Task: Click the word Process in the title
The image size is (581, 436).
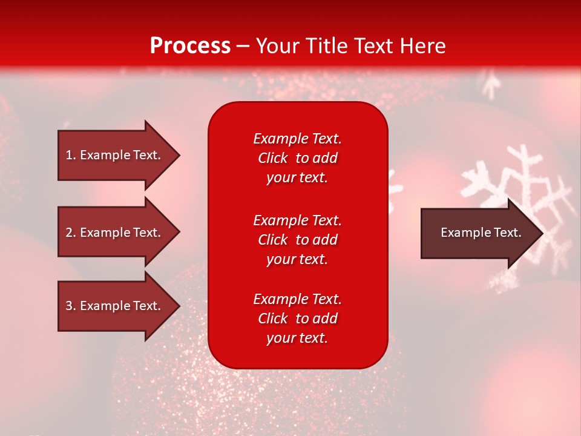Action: [x=190, y=46]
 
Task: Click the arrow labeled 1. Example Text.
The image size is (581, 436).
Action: [x=115, y=155]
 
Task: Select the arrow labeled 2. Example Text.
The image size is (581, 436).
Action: [x=115, y=233]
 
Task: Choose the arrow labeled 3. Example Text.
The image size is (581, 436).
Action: [x=115, y=306]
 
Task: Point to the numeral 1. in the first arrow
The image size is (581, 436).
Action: [x=71, y=155]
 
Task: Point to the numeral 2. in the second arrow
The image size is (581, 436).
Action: [x=71, y=233]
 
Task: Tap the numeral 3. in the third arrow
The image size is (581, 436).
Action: [x=71, y=306]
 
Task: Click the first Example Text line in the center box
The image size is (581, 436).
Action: [x=297, y=139]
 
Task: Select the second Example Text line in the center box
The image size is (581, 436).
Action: [x=297, y=220]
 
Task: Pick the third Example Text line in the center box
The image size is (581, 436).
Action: [x=297, y=299]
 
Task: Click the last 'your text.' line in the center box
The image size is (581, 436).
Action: [x=297, y=339]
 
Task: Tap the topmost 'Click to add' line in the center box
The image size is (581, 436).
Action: [x=297, y=158]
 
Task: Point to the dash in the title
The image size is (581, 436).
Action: [x=243, y=47]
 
